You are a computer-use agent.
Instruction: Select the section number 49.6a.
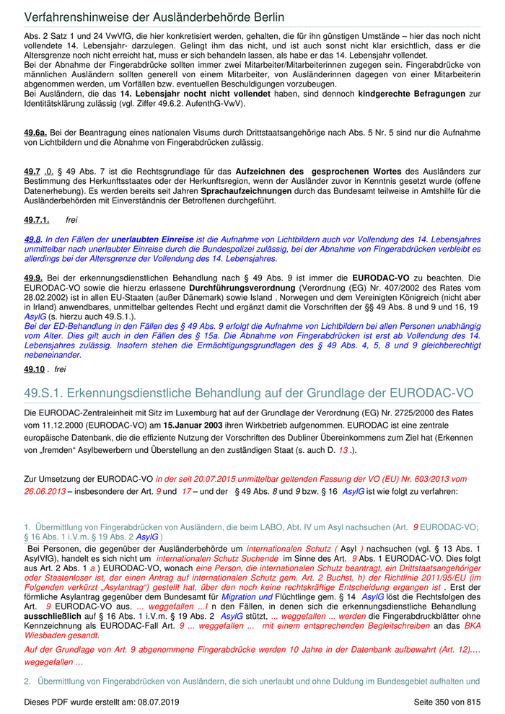click(x=35, y=132)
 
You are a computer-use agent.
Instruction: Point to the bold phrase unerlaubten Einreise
click(x=152, y=239)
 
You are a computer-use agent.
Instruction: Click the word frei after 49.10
click(x=60, y=369)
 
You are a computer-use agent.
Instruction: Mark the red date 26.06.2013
click(x=48, y=490)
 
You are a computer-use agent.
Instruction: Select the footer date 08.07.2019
click(x=163, y=702)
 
